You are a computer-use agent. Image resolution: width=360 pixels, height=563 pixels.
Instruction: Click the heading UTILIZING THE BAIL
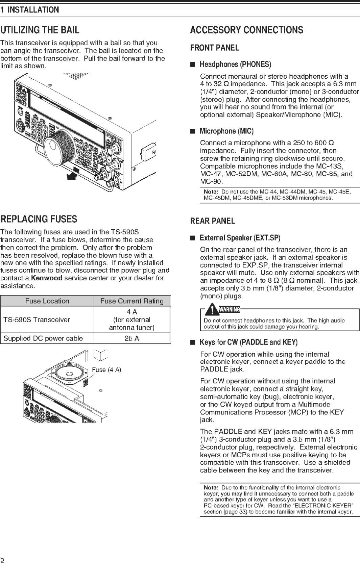click(x=40, y=30)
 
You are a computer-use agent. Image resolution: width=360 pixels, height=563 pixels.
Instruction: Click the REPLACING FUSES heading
click(x=39, y=219)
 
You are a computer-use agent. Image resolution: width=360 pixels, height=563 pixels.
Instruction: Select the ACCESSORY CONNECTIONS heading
click(x=246, y=30)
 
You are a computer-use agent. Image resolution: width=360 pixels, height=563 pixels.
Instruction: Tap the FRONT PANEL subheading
click(x=214, y=48)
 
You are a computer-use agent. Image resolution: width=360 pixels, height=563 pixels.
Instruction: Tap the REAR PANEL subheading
click(x=212, y=221)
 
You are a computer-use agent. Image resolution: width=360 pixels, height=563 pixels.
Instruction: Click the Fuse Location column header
click(x=47, y=301)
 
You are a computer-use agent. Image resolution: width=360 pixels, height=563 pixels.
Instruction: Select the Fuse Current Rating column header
click(x=132, y=301)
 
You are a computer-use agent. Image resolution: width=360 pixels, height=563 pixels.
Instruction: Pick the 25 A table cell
click(x=132, y=338)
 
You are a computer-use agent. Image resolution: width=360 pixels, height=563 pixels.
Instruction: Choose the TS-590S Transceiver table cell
click(x=37, y=319)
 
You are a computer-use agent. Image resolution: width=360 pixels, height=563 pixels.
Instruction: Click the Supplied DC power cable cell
click(x=43, y=338)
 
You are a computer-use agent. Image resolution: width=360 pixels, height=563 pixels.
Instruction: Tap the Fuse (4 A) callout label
click(x=106, y=370)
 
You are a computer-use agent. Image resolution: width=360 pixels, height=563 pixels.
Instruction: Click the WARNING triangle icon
click(x=211, y=309)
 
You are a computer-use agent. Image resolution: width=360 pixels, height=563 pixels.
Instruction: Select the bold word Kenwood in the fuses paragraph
click(x=47, y=278)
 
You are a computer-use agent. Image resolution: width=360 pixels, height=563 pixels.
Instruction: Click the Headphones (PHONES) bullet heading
click(x=235, y=65)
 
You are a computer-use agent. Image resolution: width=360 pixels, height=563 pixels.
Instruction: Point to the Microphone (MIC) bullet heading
click(x=226, y=131)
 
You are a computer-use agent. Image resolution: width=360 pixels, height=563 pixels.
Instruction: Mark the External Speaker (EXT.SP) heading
click(x=240, y=238)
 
